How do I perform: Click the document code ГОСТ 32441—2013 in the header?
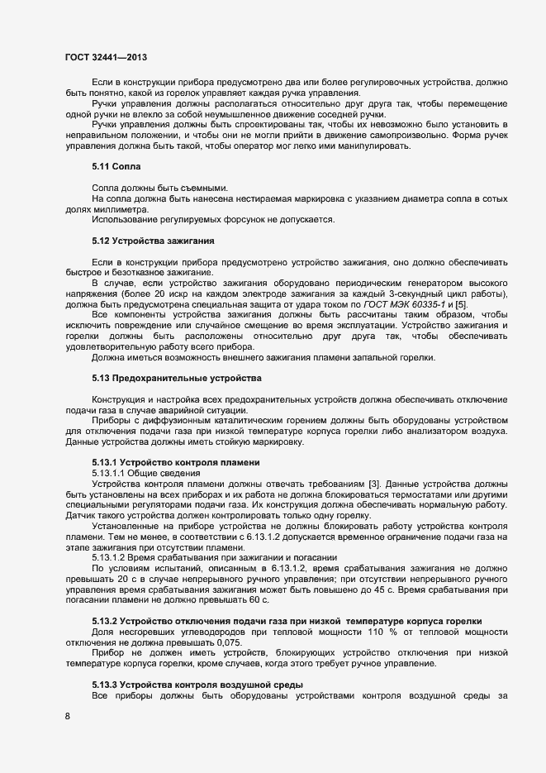[x=106, y=58]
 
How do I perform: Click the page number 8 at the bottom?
[x=68, y=716]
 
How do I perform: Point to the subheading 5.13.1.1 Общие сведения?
[x=145, y=473]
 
